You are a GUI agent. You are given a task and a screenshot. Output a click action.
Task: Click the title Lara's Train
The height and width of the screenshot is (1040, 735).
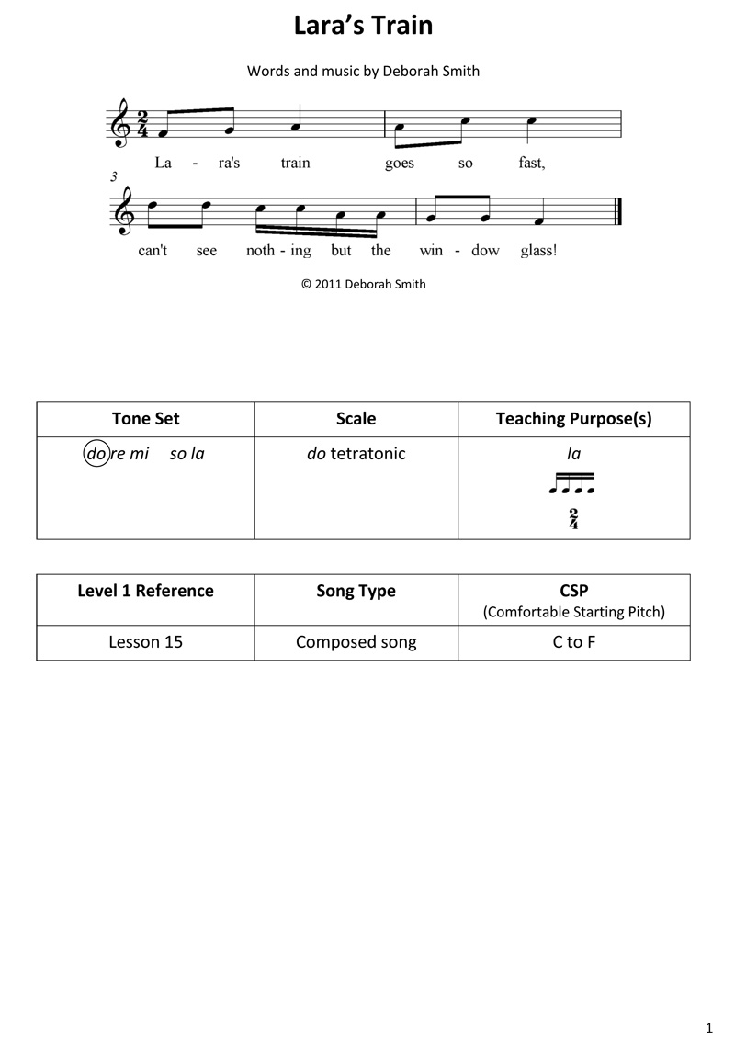click(363, 26)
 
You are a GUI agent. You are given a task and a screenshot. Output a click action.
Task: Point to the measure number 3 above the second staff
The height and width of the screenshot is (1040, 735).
click(113, 176)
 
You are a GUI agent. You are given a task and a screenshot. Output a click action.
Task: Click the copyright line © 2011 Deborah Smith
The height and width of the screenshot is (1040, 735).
click(363, 284)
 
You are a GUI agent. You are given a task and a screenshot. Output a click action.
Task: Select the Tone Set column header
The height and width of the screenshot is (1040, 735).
click(145, 419)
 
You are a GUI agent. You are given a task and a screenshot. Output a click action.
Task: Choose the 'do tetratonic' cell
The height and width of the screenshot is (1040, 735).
click(356, 454)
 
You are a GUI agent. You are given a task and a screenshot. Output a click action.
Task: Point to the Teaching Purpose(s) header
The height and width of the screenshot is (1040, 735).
click(573, 419)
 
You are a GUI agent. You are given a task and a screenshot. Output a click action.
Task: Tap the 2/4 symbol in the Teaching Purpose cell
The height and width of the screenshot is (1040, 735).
click(573, 518)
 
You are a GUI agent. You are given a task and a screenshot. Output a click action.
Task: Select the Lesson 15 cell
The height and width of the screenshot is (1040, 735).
click(145, 642)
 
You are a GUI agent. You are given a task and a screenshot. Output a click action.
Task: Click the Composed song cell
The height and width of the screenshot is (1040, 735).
click(356, 642)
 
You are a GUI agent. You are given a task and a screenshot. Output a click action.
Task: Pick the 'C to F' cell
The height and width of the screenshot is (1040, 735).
click(573, 642)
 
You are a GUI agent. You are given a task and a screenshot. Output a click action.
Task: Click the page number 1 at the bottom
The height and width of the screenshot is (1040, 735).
click(710, 1025)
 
